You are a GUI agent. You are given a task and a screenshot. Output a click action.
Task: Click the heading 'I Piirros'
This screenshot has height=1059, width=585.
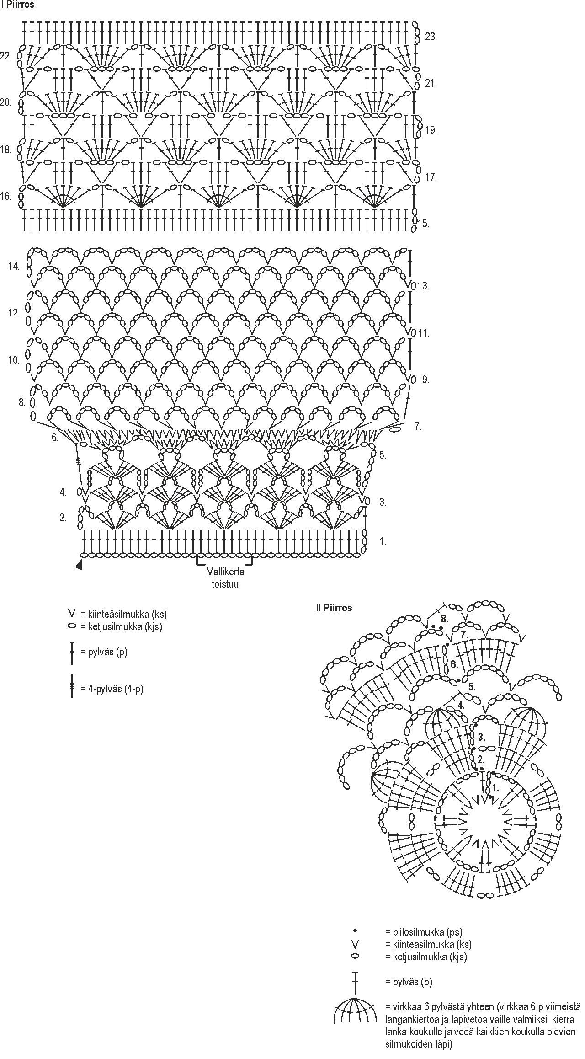coord(18,5)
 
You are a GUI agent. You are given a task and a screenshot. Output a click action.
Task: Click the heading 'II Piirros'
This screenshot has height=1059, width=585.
coord(334,608)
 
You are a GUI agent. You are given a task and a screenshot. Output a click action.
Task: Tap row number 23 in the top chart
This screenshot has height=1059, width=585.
coord(431,37)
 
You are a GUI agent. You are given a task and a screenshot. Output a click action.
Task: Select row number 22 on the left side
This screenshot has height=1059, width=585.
coord(6,56)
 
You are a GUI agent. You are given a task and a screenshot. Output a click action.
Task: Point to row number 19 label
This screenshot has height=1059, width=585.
coord(431,130)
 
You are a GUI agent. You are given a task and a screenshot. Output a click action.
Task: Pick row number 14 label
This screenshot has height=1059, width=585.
coord(14,266)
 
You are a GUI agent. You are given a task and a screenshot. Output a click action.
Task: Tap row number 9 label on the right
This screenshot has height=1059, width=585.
coord(425,380)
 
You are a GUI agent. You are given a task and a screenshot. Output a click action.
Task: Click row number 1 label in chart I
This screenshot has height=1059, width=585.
coord(383,541)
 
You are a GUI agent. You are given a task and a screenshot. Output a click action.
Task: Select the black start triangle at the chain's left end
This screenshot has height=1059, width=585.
coord(80,566)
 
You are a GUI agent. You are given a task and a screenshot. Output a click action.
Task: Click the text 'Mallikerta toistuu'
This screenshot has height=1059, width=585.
coord(225,578)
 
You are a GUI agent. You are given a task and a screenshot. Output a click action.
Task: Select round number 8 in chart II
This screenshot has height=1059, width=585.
coord(444,619)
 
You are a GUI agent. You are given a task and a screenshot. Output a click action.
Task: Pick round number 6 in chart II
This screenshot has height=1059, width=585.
coord(453,664)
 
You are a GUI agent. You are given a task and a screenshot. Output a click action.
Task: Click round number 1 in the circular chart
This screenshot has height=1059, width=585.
coord(495,788)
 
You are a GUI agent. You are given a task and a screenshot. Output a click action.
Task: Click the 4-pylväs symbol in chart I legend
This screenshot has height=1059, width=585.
coord(72,686)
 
